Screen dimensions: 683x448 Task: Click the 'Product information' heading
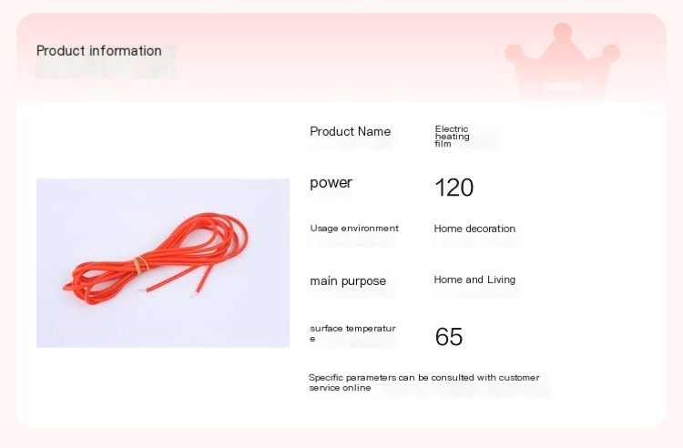[99, 50]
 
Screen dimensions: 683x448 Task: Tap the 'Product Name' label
[350, 131]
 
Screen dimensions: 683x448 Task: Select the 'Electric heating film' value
[452, 137]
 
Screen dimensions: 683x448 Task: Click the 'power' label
[331, 183]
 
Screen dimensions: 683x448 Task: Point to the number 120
[454, 188]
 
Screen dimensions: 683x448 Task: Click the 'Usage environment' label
[354, 229]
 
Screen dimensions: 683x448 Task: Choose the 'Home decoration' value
[474, 229]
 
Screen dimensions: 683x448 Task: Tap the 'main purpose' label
[348, 281]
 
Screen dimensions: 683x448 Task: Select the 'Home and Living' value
[474, 280]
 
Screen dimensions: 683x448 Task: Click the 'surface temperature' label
[352, 333]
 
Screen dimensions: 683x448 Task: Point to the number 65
[449, 337]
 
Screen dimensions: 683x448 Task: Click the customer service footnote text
[423, 382]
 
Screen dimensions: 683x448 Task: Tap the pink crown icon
[563, 62]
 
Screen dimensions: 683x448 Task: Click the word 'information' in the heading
[126, 50]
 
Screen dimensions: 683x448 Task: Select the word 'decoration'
[491, 229]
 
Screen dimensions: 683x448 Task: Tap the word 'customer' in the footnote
[519, 378]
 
